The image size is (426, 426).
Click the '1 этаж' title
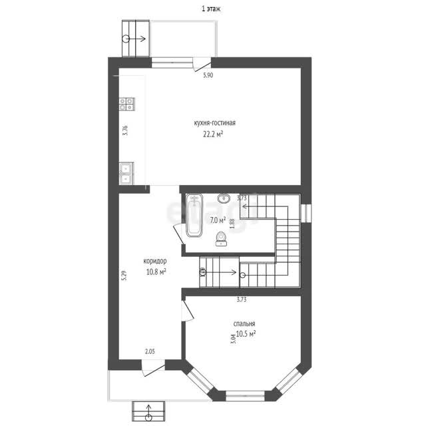(x=211, y=9)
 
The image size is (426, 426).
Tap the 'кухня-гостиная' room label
(x=214, y=123)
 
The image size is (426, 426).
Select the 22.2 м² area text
(x=213, y=134)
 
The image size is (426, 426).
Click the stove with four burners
(x=127, y=104)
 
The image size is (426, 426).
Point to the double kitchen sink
(x=126, y=173)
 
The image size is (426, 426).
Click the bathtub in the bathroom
(x=194, y=216)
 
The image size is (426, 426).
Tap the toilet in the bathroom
(x=220, y=238)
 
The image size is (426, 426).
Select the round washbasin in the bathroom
(x=224, y=198)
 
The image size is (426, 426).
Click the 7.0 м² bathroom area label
(x=218, y=220)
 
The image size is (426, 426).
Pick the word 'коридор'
(x=155, y=261)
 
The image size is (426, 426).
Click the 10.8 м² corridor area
(x=156, y=272)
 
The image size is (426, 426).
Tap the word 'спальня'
(x=244, y=324)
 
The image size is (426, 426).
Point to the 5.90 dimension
(x=208, y=75)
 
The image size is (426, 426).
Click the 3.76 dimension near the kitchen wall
(x=125, y=130)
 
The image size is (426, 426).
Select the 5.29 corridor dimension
(x=124, y=276)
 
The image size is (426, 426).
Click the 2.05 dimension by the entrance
(x=150, y=351)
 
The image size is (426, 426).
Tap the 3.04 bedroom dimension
(x=233, y=339)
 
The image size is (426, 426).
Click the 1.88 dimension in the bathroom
(x=232, y=224)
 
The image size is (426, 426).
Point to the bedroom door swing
(x=188, y=311)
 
